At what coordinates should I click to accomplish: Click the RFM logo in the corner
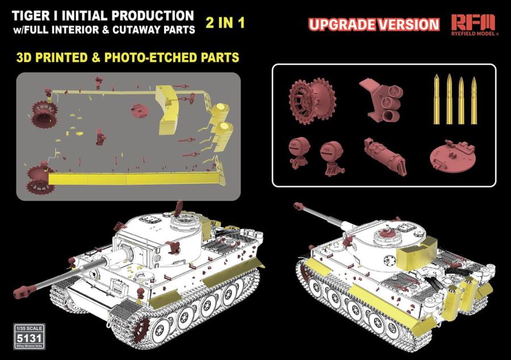pos(473,23)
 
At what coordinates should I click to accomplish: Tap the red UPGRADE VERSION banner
pos(374,24)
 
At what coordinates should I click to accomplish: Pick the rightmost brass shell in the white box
pos(474,100)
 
